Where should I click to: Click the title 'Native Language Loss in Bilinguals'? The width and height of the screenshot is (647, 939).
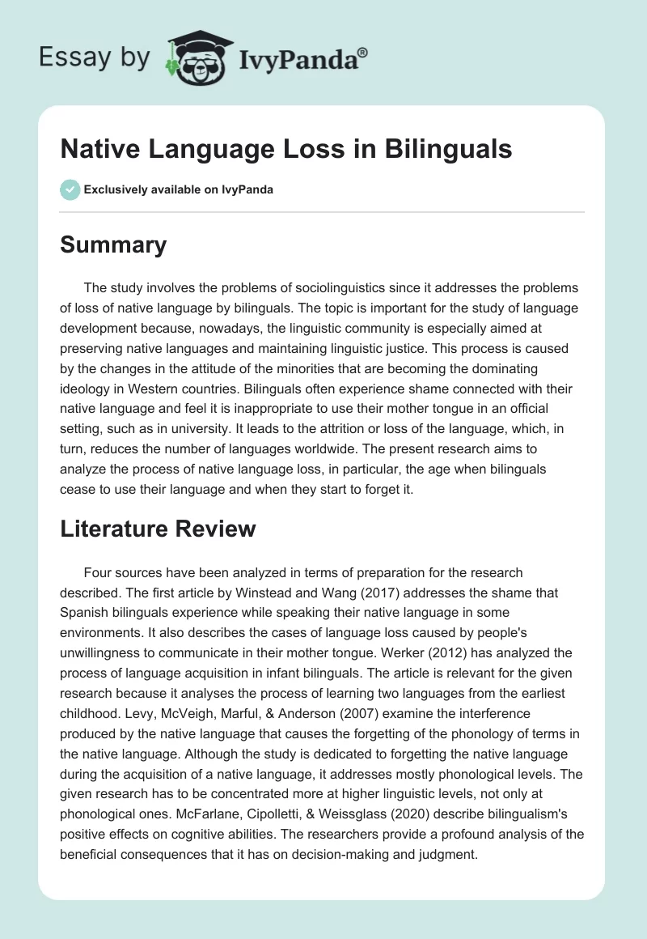[286, 149]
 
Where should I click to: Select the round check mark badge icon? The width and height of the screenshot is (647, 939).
[70, 189]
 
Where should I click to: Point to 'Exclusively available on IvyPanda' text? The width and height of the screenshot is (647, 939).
[179, 190]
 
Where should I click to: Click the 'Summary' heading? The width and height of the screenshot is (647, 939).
[113, 244]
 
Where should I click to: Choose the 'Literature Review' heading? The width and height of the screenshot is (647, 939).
[158, 529]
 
